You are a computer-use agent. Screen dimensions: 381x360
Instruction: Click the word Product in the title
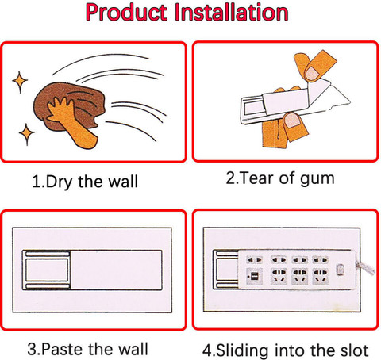(127, 13)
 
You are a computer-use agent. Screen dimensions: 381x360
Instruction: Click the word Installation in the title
(232, 13)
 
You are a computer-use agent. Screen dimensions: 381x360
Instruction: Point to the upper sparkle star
(20, 82)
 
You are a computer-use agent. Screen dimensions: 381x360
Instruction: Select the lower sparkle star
(27, 134)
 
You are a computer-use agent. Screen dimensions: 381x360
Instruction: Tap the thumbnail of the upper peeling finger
(312, 73)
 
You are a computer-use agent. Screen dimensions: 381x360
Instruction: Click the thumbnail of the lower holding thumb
(292, 121)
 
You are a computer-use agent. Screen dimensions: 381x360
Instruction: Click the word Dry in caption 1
(58, 182)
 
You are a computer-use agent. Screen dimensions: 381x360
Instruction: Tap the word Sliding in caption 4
(242, 350)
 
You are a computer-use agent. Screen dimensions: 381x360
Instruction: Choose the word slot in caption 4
(354, 350)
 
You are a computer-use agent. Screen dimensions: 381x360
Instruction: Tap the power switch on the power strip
(341, 270)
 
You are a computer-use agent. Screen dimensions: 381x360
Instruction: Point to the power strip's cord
(365, 267)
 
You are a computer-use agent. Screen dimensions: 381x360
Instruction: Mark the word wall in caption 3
(133, 349)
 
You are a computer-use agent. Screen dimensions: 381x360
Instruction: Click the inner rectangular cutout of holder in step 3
(47, 270)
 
